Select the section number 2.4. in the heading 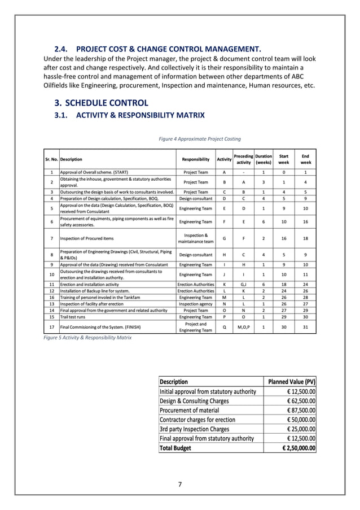pyautogui.click(x=61, y=48)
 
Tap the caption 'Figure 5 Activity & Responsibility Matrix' pyautogui.click(x=87, y=337)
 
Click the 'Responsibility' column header pyautogui.click(x=196, y=159)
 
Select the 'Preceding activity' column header pyautogui.click(x=243, y=159)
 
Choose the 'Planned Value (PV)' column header pyautogui.click(x=291, y=382)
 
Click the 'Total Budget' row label pyautogui.click(x=175, y=448)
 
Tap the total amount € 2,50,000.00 pyautogui.click(x=298, y=448)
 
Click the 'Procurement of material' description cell pyautogui.click(x=190, y=410)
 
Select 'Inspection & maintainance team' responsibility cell pyautogui.click(x=196, y=239)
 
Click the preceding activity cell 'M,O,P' pyautogui.click(x=243, y=326)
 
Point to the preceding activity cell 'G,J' pyautogui.click(x=243, y=284)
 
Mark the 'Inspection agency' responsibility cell pyautogui.click(x=196, y=303)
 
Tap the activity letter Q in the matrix pyautogui.click(x=224, y=326)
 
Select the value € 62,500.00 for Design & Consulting pyautogui.click(x=299, y=400)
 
